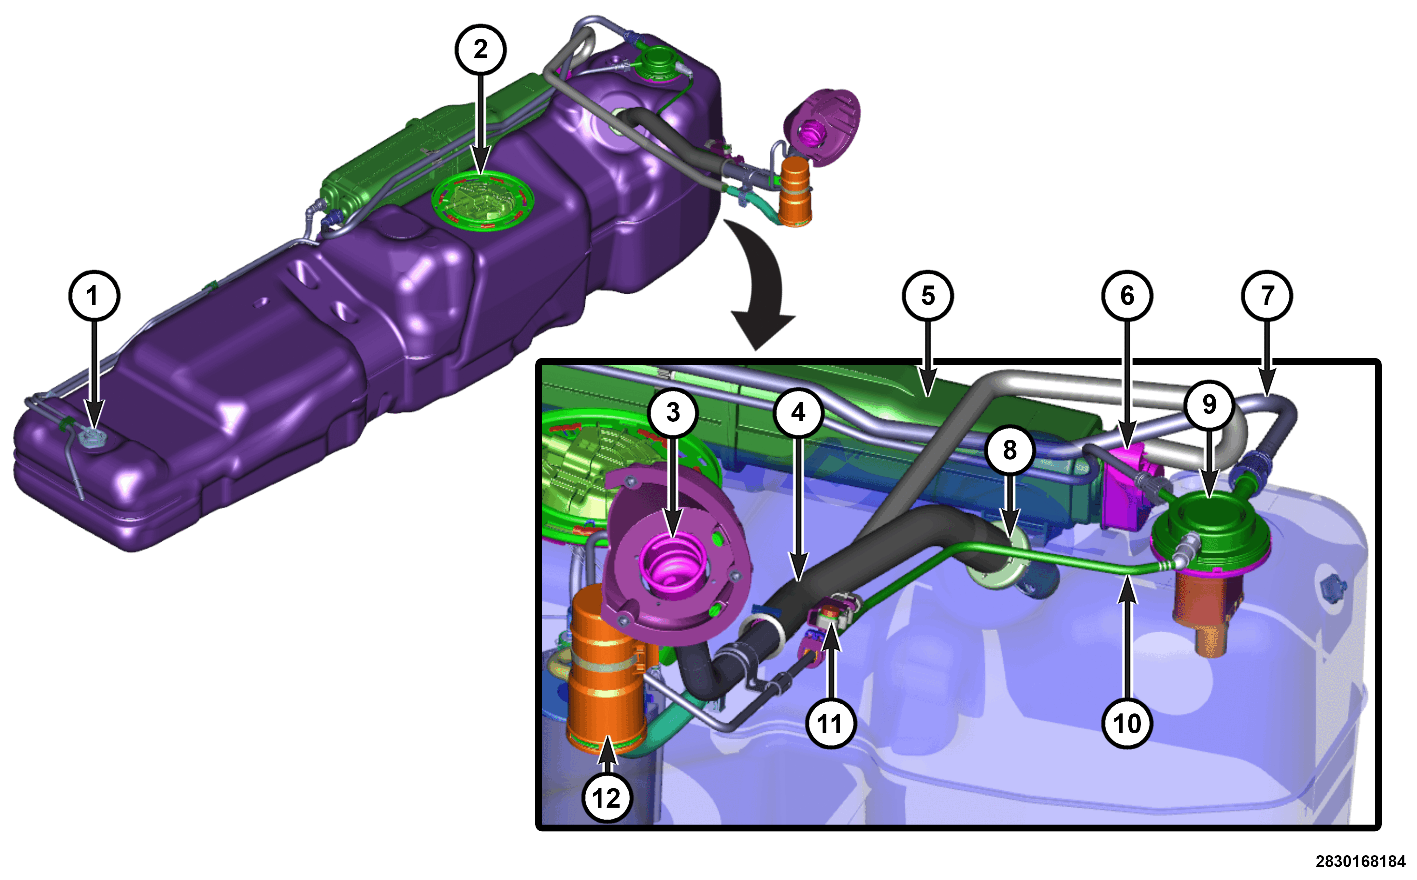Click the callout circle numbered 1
point(94,296)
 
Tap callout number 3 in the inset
point(673,413)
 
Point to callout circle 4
point(798,413)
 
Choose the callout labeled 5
point(928,296)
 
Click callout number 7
point(1267,296)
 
